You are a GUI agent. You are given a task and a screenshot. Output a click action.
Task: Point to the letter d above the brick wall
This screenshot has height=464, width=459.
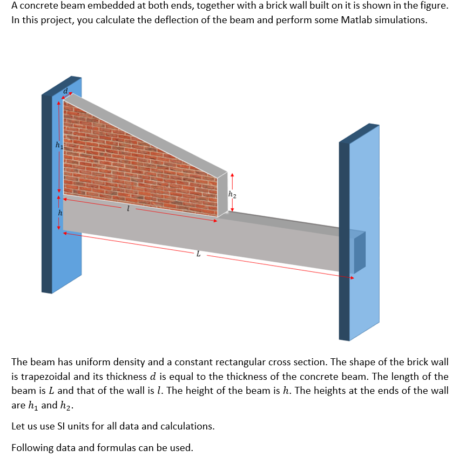click(65, 92)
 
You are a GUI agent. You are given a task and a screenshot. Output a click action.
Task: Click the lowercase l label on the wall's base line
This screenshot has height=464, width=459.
click(128, 208)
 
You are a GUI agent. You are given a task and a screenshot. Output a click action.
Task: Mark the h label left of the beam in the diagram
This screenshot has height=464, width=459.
click(60, 214)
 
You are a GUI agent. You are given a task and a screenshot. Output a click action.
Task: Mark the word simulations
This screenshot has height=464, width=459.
click(400, 21)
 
